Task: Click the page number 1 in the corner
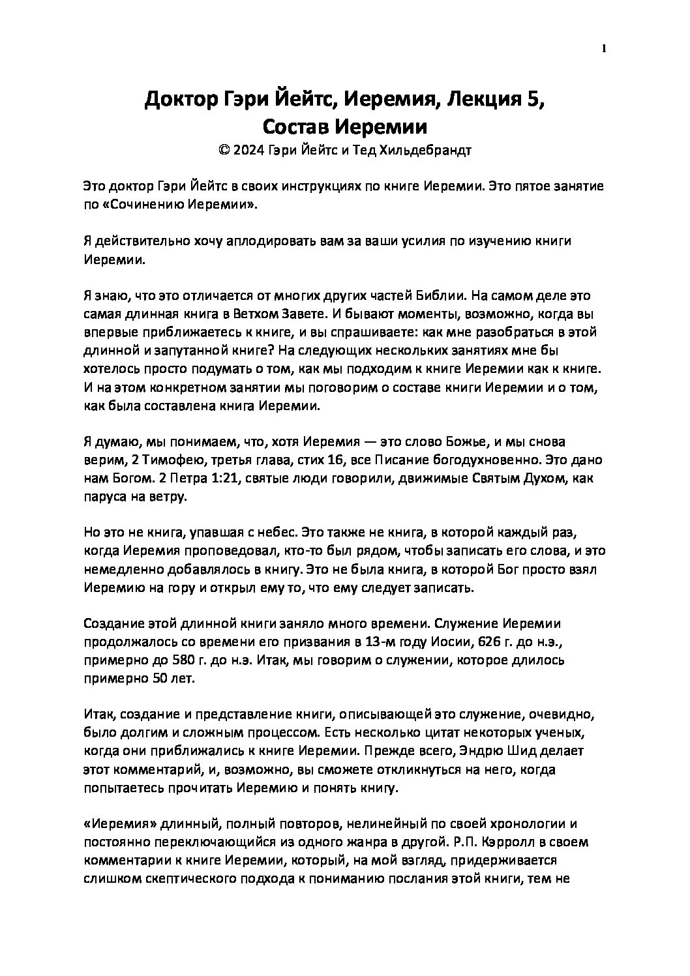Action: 604,49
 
